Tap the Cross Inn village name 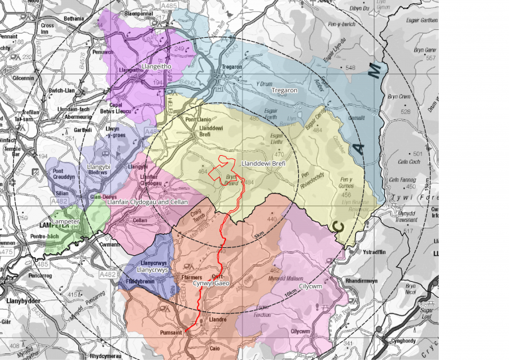coord(47,28)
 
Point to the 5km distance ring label coord(259,235)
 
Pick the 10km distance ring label coord(290,292)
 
